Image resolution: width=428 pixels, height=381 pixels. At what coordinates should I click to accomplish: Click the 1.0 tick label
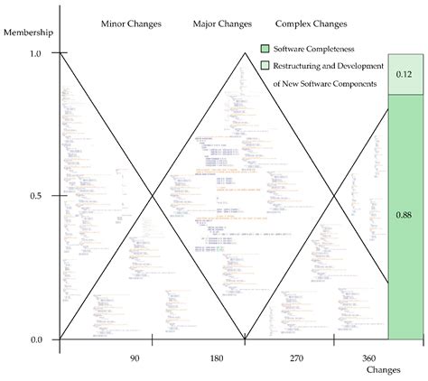tap(36, 54)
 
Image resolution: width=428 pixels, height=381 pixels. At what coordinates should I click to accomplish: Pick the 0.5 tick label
tap(36, 196)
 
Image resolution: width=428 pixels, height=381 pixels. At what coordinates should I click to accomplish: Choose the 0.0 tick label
tap(36, 339)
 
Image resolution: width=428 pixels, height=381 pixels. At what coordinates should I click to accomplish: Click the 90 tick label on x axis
tap(135, 359)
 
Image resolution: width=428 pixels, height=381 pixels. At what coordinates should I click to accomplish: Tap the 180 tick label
tap(217, 359)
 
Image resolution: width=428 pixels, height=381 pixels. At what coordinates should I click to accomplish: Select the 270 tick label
tap(297, 359)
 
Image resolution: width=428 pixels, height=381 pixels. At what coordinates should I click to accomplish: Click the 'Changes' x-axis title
tap(383, 371)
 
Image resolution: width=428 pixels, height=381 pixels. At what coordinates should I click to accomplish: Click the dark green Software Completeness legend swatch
tap(265, 48)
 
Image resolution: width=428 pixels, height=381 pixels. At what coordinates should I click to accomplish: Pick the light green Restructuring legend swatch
tap(265, 65)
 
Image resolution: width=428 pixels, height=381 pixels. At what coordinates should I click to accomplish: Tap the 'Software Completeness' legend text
tap(315, 48)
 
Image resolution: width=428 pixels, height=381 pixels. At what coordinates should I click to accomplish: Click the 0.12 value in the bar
tap(405, 74)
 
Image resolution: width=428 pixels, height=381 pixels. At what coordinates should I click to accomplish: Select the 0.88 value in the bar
tap(405, 216)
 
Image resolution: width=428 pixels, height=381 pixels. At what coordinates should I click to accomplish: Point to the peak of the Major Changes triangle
tap(244, 53)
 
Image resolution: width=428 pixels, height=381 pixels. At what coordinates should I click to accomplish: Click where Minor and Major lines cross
tap(152, 196)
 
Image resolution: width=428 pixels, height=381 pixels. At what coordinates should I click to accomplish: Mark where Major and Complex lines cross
tap(335, 196)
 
